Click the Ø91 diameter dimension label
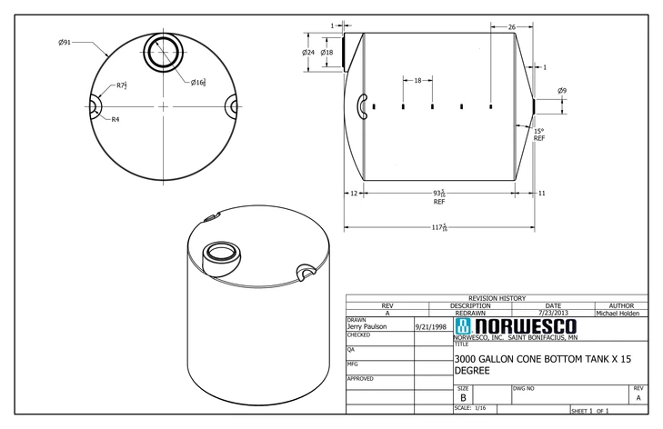(x=65, y=41)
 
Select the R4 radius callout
(x=116, y=119)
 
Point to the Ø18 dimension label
(x=326, y=53)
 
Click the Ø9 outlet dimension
(x=562, y=91)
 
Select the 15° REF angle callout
(x=539, y=135)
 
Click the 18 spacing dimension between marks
(x=417, y=81)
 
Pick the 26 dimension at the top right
(x=511, y=26)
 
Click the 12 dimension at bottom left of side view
(x=353, y=193)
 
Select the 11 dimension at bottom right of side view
(x=541, y=193)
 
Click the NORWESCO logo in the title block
(x=515, y=326)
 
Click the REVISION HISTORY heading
(x=496, y=298)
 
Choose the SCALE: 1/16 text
(x=470, y=409)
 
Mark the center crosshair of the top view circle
(x=164, y=106)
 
